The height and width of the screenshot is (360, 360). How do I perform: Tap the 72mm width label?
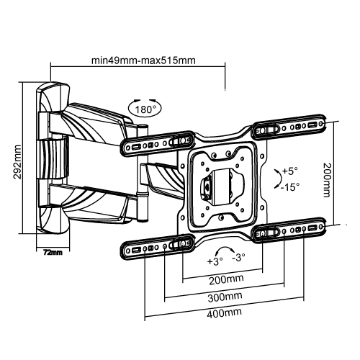pyautogui.click(x=51, y=253)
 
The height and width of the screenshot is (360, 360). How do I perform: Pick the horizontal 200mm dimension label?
pyautogui.click(x=222, y=281)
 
